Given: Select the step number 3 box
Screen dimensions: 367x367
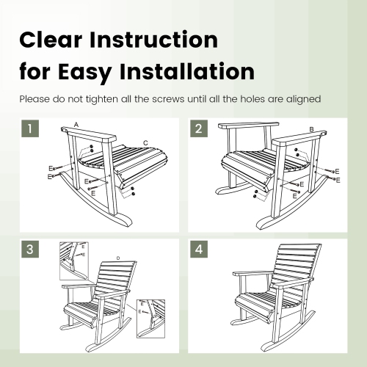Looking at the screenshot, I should (29, 250).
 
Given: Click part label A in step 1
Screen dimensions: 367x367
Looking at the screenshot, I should (76, 126).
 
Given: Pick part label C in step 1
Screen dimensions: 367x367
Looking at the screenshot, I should (146, 142).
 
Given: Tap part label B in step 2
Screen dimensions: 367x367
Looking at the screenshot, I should (312, 130).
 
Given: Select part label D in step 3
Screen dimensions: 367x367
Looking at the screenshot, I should (117, 258).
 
